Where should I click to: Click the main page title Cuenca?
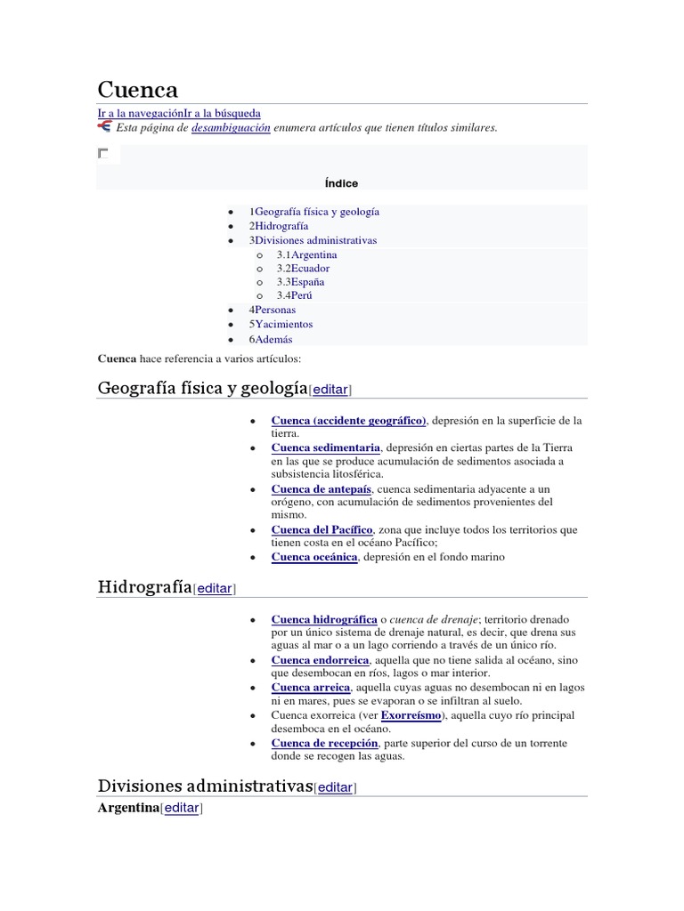point(137,90)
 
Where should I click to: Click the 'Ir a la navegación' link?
point(140,114)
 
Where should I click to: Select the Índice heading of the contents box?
point(342,183)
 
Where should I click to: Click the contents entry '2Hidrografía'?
point(279,226)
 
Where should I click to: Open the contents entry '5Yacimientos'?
point(281,324)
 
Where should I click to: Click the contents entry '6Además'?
point(271,339)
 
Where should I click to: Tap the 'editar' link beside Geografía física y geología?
point(330,390)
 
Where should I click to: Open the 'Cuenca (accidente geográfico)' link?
point(349,420)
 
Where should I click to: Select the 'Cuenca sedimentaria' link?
point(325,447)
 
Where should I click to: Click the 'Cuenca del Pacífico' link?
point(322,529)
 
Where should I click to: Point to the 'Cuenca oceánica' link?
point(314,557)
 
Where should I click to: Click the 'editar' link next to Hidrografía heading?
point(215,588)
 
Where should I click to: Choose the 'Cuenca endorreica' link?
point(320,660)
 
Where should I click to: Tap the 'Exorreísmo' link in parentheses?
point(411,715)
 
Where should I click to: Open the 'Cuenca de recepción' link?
point(325,743)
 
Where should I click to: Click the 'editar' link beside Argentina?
point(182,808)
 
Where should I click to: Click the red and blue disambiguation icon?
point(104,127)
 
